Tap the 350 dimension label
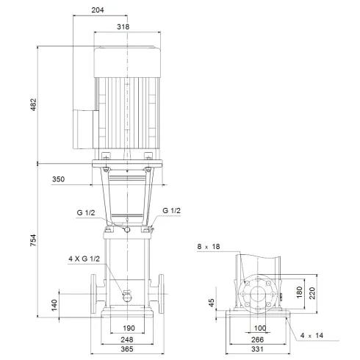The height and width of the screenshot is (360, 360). (x=61, y=179)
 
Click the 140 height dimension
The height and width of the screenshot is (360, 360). (x=53, y=304)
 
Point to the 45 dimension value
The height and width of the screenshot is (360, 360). (x=211, y=303)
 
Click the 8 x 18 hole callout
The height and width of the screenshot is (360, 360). (x=209, y=246)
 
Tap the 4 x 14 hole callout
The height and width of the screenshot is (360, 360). (x=312, y=336)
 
